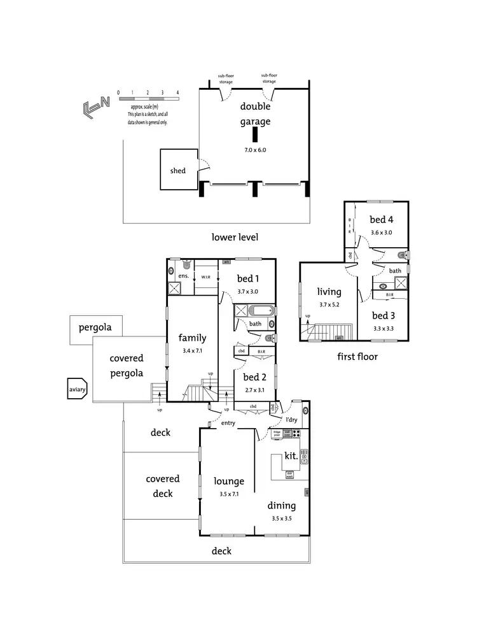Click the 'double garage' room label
tap(255, 114)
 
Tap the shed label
tap(178, 171)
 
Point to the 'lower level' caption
tap(235, 237)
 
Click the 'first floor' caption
tap(357, 357)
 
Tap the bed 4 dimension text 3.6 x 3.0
tap(381, 233)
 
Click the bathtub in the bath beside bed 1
tap(261, 311)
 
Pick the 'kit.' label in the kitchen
tap(291, 456)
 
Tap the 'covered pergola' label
tap(127, 366)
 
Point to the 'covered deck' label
tap(163, 486)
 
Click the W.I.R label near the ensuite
tap(205, 277)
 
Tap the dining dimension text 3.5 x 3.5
tap(282, 519)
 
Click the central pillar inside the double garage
tap(254, 135)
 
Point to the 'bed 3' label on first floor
tap(384, 315)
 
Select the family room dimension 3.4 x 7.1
tap(191, 350)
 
